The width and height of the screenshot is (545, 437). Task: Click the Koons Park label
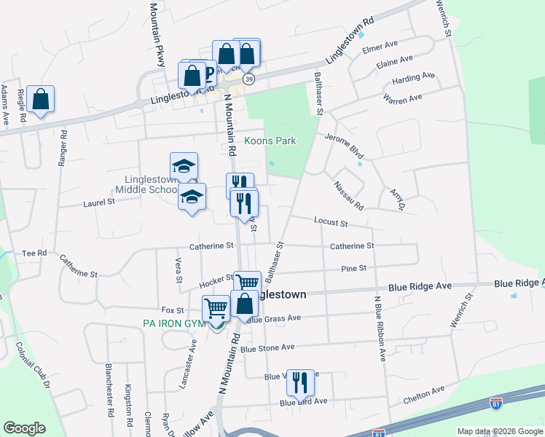pyautogui.click(x=270, y=141)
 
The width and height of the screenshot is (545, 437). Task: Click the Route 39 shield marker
pyautogui.click(x=248, y=80)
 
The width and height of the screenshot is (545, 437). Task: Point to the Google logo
pyautogui.click(x=24, y=428)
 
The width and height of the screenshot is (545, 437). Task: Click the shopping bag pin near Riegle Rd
pyautogui.click(x=41, y=101)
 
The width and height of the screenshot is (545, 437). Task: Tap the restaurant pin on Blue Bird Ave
pyautogui.click(x=300, y=383)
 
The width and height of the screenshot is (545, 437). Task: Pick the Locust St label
pyautogui.click(x=331, y=221)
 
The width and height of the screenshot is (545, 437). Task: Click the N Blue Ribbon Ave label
pyautogui.click(x=379, y=328)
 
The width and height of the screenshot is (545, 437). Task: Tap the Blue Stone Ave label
pyautogui.click(x=267, y=348)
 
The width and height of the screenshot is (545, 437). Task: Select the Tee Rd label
pyautogui.click(x=34, y=253)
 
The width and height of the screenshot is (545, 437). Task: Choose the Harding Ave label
pyautogui.click(x=413, y=76)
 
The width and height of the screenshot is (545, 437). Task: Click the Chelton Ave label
pyautogui.click(x=423, y=395)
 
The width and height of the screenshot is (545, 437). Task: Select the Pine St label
pyautogui.click(x=353, y=269)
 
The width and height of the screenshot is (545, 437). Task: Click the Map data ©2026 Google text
pyautogui.click(x=499, y=431)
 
